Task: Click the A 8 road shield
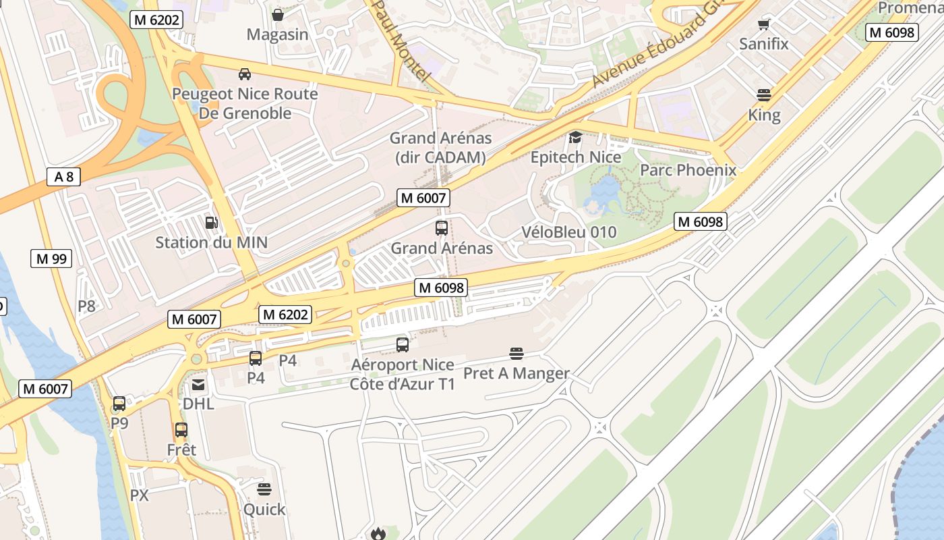64,177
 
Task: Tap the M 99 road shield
51,259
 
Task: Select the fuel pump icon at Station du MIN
211,222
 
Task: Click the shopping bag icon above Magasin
277,15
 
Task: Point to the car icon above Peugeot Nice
245,74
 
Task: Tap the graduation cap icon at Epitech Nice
575,138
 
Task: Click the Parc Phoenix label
688,169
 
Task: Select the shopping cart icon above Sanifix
763,25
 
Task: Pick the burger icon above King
764,95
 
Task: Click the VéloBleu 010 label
569,232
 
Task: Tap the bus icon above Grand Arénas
442,228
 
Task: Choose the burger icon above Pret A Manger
517,353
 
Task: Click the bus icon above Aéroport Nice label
403,345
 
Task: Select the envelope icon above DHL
198,385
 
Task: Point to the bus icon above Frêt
181,430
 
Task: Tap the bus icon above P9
119,404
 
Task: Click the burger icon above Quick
264,489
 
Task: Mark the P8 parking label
86,306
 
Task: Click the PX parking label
139,495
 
